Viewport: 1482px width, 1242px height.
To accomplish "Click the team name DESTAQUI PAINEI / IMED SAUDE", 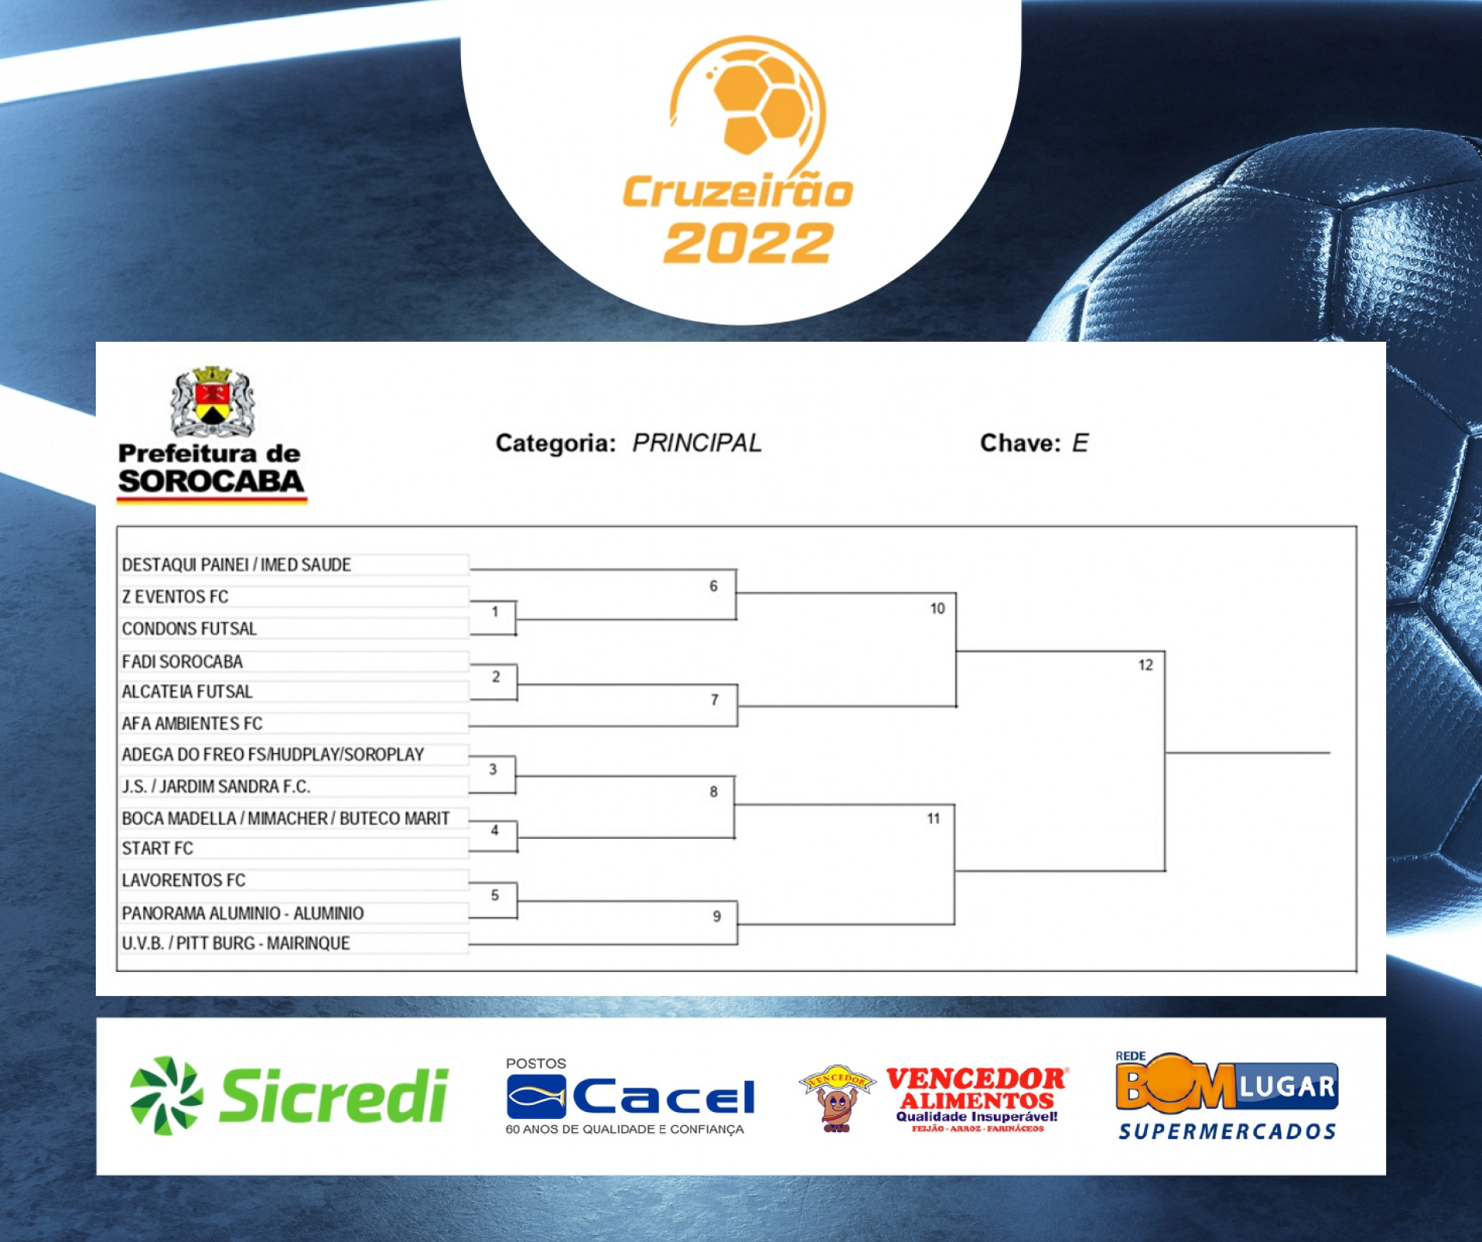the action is click(236, 565).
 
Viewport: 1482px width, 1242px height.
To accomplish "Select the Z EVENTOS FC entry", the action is click(175, 596).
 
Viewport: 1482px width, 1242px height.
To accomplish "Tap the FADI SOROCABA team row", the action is click(182, 661).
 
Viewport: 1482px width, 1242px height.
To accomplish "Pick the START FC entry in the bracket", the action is click(157, 848).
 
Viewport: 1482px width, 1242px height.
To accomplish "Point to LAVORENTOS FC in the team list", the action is click(183, 880).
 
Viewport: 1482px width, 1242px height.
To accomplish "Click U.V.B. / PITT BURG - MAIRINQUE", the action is click(236, 943).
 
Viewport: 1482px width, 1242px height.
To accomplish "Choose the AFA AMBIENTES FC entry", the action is click(192, 723).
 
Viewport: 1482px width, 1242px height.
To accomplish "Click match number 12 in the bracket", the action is click(1146, 665).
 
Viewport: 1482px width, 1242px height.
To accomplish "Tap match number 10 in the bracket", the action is click(938, 608).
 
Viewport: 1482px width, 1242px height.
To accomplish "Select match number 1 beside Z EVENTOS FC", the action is click(495, 611).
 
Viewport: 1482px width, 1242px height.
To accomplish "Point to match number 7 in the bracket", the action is click(714, 700).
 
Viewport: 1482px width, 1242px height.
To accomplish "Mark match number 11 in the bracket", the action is click(934, 818).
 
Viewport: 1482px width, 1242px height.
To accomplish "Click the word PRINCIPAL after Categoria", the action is click(697, 443).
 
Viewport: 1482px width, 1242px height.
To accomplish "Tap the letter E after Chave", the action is click(1080, 443).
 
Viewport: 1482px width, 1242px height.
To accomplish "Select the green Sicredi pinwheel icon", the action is click(166, 1095).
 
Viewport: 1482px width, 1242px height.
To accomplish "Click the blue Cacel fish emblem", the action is click(537, 1096).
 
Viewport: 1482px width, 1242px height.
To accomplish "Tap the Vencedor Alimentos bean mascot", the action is click(837, 1099).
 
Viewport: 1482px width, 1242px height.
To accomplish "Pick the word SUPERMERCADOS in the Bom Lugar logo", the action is click(1227, 1131).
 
